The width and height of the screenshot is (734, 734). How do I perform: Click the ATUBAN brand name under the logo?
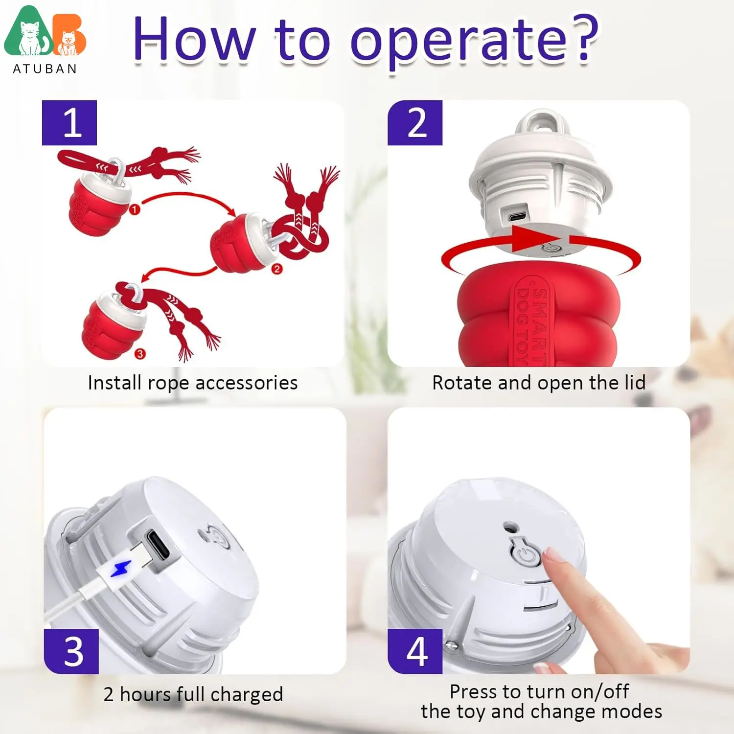45,69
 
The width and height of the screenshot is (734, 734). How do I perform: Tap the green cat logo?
28,32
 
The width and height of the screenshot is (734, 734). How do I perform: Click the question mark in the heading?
585,38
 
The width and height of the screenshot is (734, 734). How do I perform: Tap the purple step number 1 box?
69,123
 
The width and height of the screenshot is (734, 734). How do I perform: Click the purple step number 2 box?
415,123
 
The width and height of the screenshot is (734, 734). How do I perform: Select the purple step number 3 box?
71,651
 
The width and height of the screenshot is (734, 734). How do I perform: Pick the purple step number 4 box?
415,651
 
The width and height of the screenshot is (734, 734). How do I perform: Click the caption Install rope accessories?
193,383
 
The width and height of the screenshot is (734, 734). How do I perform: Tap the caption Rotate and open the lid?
539,383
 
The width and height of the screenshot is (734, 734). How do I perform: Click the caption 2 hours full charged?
193,694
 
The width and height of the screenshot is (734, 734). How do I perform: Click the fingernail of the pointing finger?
553,554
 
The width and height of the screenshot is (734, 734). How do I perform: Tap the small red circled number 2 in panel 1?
277,269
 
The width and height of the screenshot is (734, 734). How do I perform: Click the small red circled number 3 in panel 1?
140,353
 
